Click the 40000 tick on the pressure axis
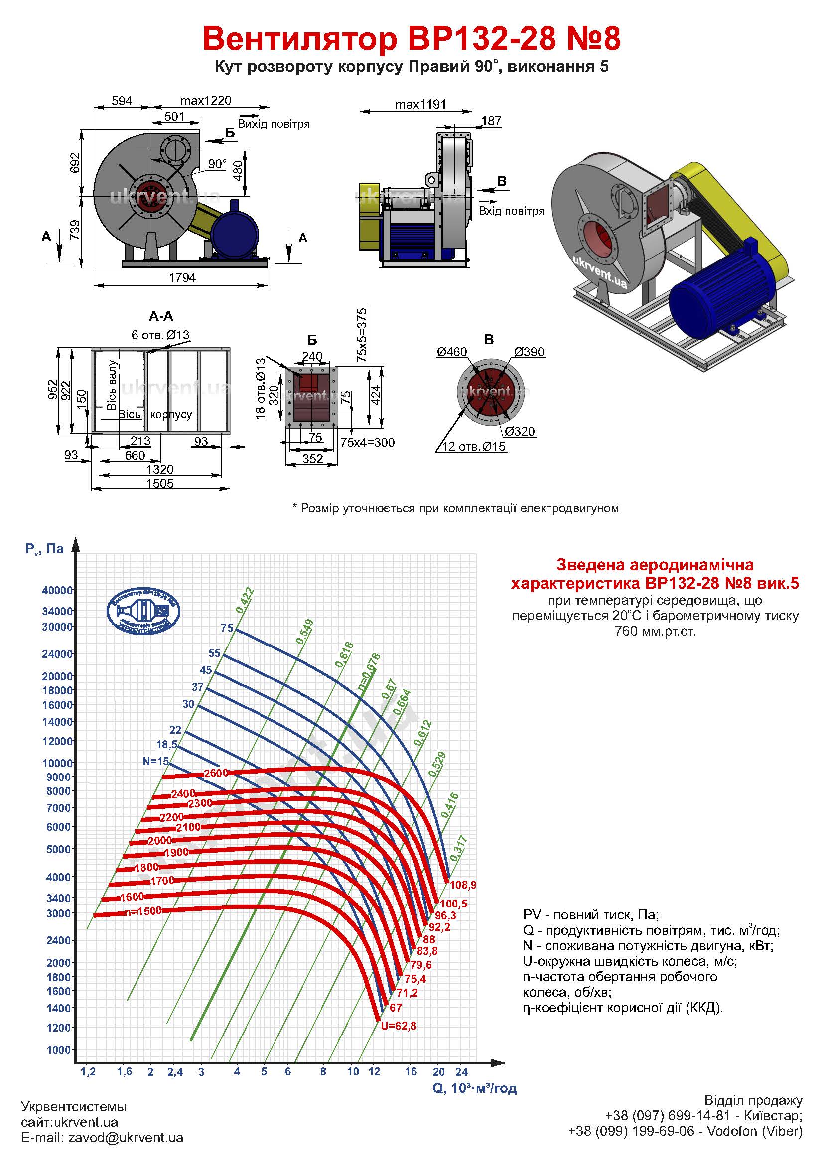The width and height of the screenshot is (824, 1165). pos(57,590)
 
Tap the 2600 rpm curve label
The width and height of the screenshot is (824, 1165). pos(216,774)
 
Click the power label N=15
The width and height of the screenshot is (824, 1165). pos(156,761)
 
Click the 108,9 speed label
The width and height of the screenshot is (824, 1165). pos(462,885)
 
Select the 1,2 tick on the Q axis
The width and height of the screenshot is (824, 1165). pos(88,1072)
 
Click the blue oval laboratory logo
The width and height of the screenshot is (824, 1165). pos(143,611)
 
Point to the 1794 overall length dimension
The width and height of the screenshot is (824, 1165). pos(182,277)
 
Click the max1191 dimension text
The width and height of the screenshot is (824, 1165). pos(420,104)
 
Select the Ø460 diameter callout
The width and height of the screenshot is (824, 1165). pos(451,352)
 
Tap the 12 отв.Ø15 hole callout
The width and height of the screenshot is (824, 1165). pos(474,446)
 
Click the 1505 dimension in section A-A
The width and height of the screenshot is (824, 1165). pos(160,483)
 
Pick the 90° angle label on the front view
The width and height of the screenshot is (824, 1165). pos(217,164)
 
